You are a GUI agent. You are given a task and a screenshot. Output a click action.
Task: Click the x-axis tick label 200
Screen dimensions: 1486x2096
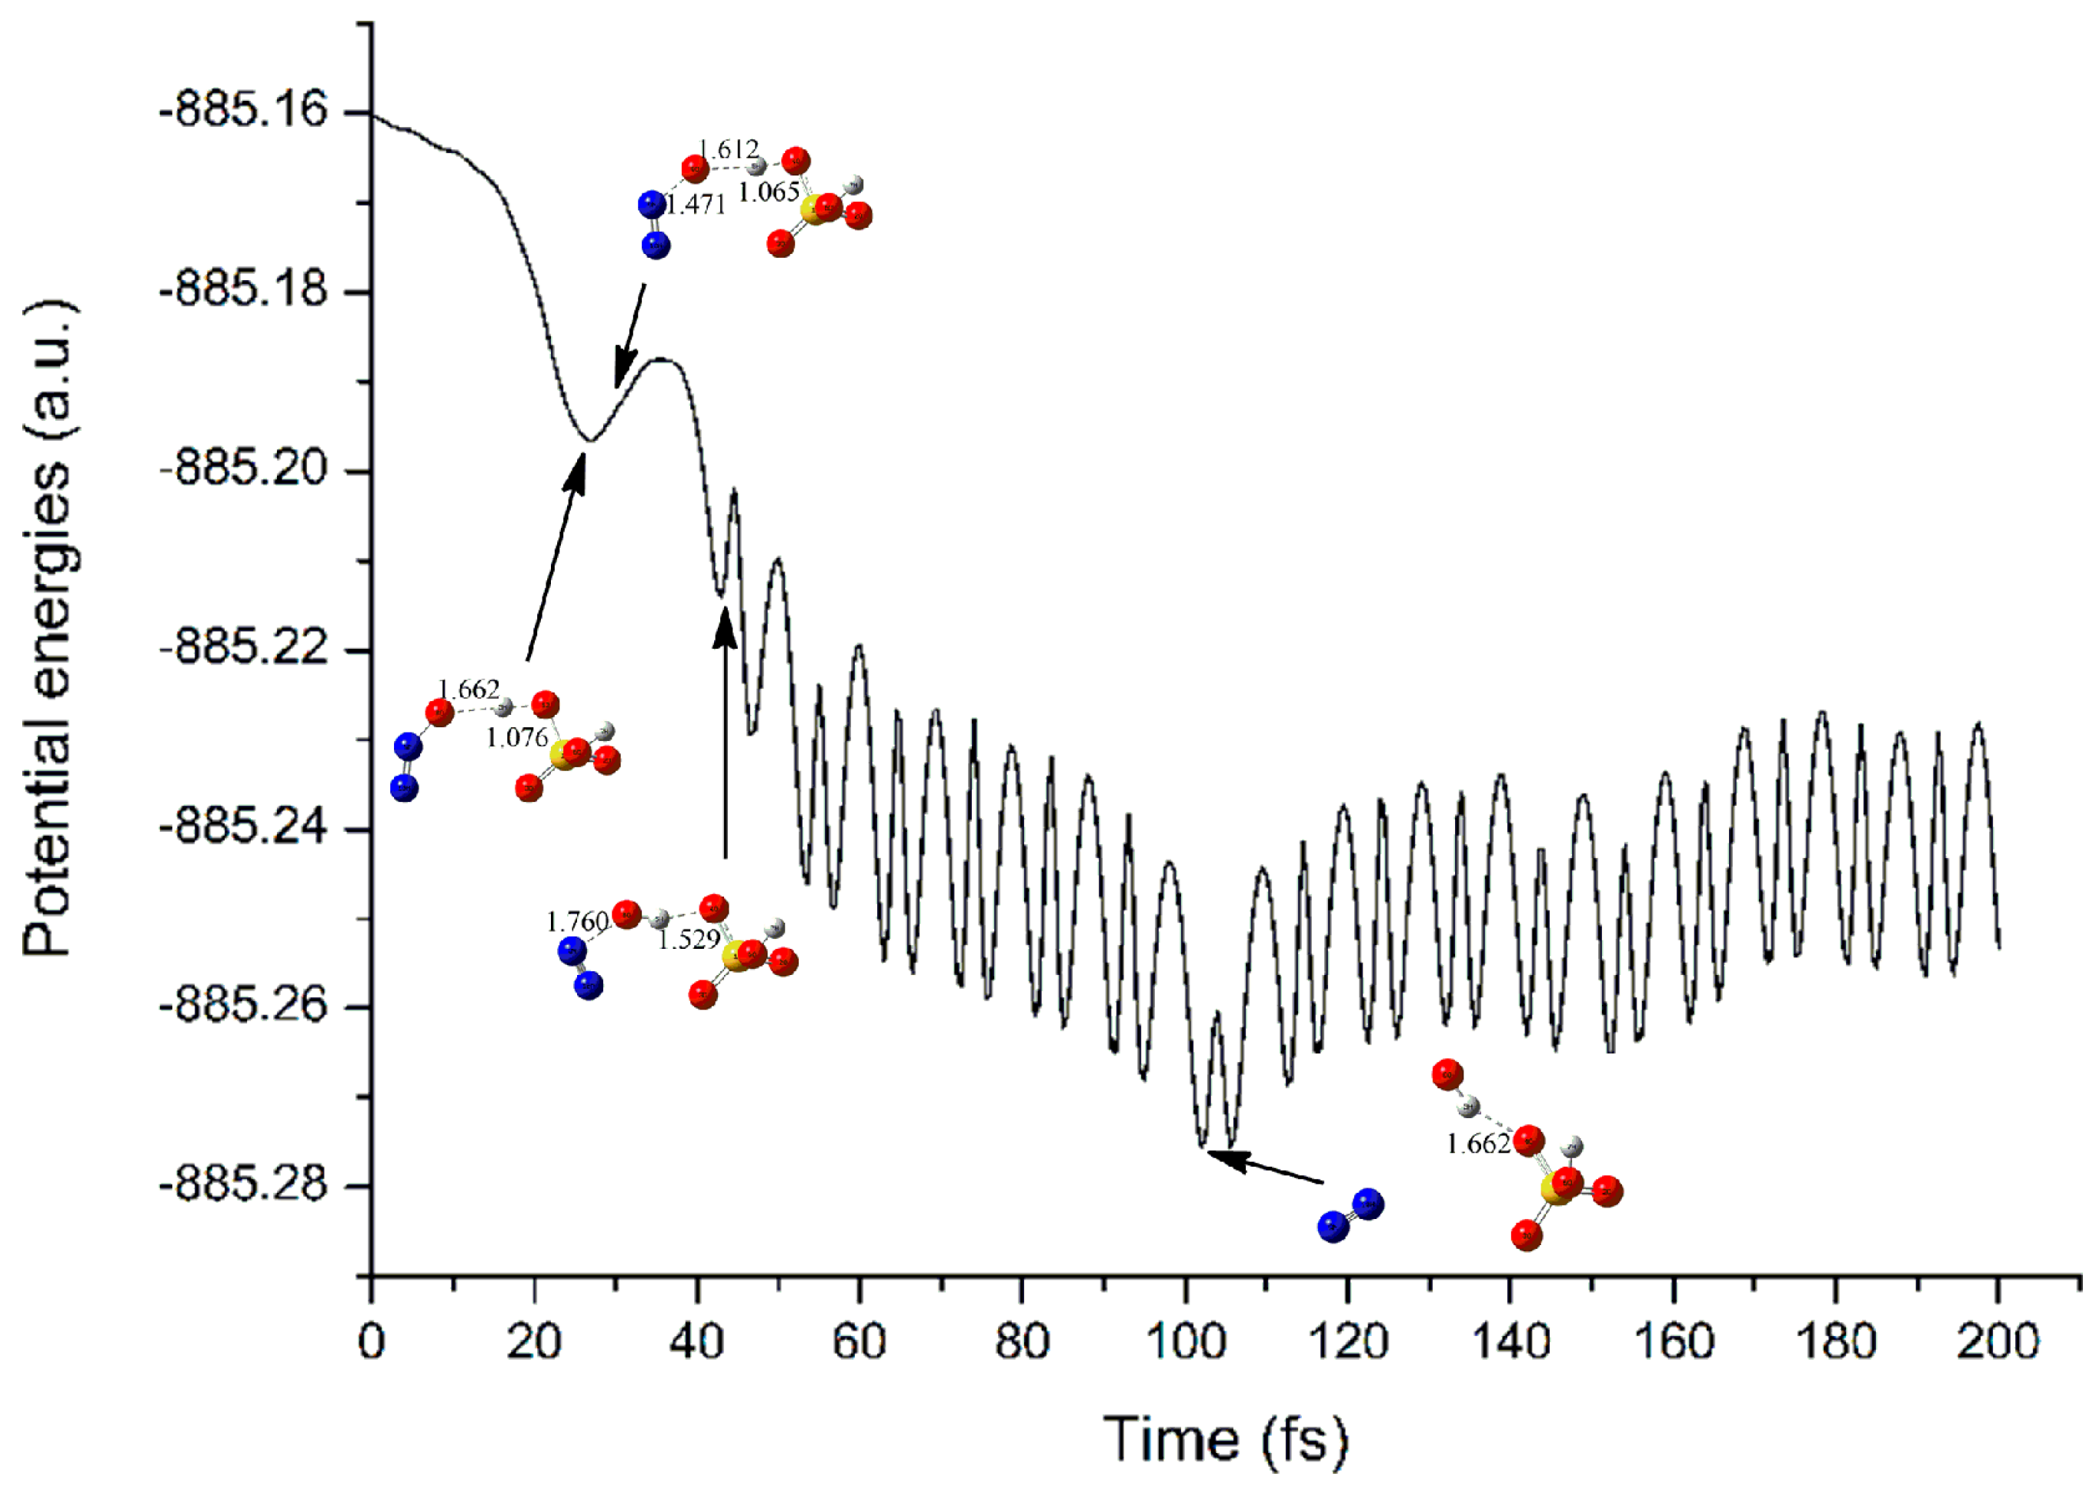[x=1998, y=1342]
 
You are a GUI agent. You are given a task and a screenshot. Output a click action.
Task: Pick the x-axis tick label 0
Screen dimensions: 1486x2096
[x=372, y=1342]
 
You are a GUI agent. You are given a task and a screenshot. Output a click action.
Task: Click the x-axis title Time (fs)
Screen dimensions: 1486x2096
[x=1226, y=1439]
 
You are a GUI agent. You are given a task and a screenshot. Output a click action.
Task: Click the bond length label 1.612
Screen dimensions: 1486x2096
[x=728, y=149]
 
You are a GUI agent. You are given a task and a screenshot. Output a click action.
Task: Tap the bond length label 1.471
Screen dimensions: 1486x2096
[x=696, y=205]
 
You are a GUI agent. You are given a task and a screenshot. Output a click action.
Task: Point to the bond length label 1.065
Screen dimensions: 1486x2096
[x=769, y=192]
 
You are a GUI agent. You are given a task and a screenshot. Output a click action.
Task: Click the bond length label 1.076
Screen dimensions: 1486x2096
[x=517, y=736]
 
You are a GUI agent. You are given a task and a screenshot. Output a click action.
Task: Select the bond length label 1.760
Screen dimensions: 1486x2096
[x=577, y=921]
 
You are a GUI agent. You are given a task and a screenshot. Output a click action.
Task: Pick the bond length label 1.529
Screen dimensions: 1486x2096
[x=689, y=939]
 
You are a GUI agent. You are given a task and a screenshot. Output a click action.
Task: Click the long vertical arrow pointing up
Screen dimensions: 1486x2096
[x=726, y=732]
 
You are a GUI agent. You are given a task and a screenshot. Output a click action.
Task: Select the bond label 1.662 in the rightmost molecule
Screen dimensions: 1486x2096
[x=1477, y=1144]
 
